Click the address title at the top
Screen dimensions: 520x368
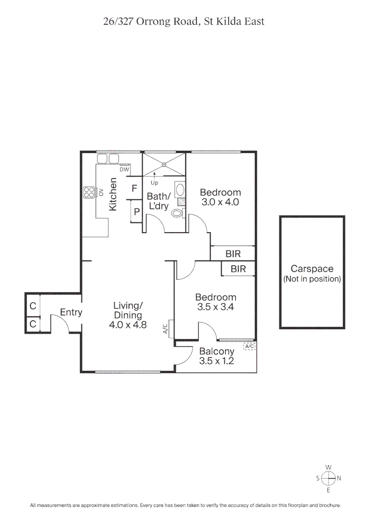coord(184,22)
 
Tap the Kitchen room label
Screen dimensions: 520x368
coord(114,195)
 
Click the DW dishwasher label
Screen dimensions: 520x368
coord(125,169)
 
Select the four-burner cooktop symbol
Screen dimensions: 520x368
coord(90,192)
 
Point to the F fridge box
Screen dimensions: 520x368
coord(134,189)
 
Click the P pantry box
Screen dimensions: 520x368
coord(137,211)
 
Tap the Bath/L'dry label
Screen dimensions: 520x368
coord(159,201)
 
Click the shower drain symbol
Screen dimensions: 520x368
coord(164,164)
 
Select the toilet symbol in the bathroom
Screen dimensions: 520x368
coord(177,213)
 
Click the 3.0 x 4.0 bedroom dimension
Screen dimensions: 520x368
coord(220,202)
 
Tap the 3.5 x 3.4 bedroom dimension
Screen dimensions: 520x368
coord(215,307)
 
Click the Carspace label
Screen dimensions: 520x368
coord(312,269)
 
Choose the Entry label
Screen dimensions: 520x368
coord(71,312)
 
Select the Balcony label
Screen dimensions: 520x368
coord(216,351)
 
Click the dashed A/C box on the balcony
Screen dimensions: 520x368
coord(250,346)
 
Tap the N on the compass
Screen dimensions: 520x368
coord(339,478)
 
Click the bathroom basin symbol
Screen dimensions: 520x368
coord(178,189)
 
